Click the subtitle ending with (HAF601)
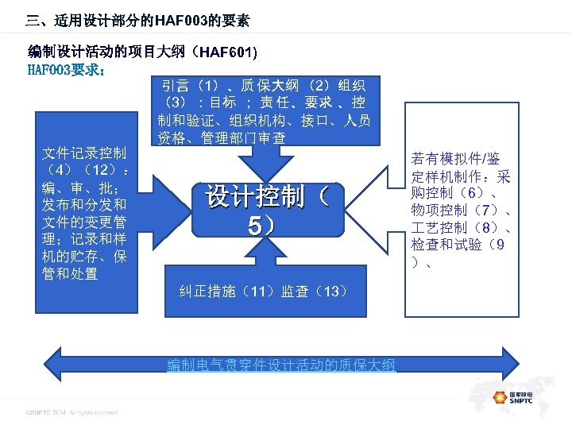click(x=143, y=52)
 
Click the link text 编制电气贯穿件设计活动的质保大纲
click(x=280, y=365)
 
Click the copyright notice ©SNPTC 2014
click(x=71, y=412)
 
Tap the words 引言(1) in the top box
click(x=191, y=85)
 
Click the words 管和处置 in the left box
click(x=71, y=275)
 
